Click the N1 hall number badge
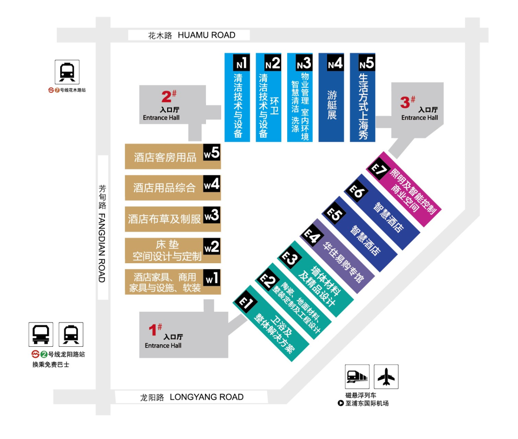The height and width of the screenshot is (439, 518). point(242,62)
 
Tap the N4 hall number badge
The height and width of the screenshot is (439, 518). point(335,62)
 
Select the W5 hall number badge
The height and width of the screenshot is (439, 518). point(212,152)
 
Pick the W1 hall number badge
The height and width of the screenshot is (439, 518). point(212,278)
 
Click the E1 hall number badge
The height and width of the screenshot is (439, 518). point(245,302)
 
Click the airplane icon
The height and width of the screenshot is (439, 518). point(386,377)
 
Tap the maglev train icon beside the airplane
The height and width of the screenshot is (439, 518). point(357,377)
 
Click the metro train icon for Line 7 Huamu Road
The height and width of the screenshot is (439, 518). point(67,72)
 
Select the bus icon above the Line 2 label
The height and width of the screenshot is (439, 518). point(41,335)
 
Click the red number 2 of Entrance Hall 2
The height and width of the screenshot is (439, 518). point(167,97)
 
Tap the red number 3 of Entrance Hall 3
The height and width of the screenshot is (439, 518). point(405,102)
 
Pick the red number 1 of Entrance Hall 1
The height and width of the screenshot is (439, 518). point(153,330)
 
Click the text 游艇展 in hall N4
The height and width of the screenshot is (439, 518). point(332,105)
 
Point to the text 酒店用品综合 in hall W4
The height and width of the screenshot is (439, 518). point(164,188)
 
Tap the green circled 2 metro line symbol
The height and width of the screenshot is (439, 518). point(44,354)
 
